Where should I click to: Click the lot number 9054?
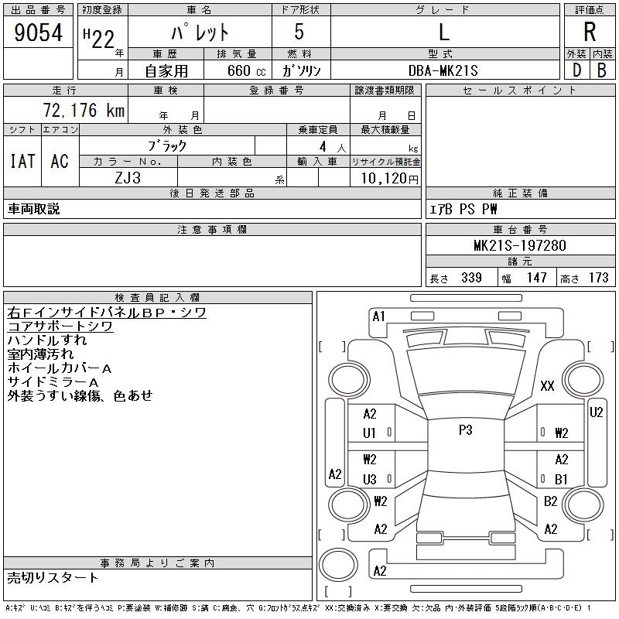pos(39,33)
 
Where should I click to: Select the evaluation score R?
pos(589,32)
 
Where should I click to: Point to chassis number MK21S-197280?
pos(520,246)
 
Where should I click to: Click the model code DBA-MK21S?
pos(444,70)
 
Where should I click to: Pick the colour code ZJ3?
pos(128,178)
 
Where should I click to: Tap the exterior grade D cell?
pos(576,70)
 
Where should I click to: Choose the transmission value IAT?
pos(22,161)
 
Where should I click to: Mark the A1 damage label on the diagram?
pos(378,316)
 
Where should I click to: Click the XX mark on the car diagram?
pos(547,386)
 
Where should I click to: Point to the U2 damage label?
pos(596,412)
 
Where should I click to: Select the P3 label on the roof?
pos(465,430)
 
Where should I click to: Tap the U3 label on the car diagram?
pos(370,480)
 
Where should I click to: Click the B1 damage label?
pos(562,480)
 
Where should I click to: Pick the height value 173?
pos(598,278)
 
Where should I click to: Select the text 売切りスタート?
pos(53,577)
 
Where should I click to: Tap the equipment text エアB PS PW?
pos(463,209)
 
